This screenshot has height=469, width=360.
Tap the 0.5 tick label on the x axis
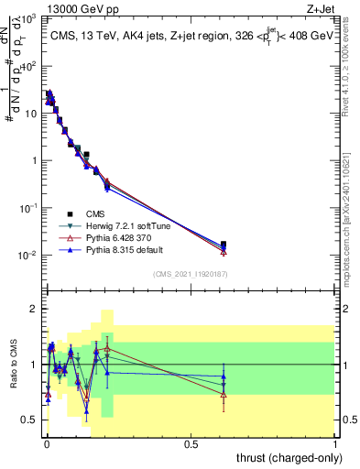[x=191, y=443]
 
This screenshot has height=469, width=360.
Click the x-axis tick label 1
[x=335, y=443]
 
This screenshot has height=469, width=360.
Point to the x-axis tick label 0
[x=46, y=443]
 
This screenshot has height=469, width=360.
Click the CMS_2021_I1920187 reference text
[x=191, y=273]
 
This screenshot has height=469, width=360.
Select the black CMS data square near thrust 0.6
[x=224, y=245]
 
